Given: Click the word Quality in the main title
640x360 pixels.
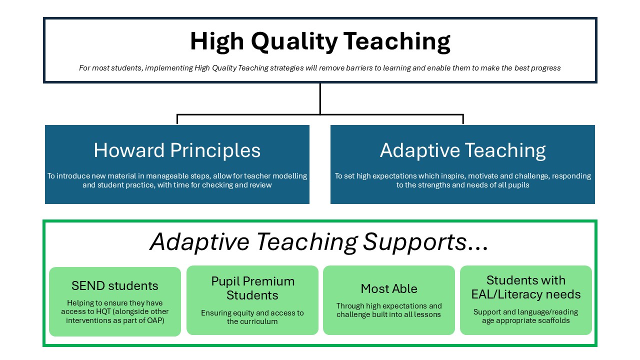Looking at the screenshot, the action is [x=294, y=42].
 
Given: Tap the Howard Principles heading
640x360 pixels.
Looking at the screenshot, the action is [x=177, y=150].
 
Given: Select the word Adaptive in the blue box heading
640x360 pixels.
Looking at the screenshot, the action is [x=419, y=151].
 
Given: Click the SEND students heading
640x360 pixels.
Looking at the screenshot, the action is [x=115, y=285].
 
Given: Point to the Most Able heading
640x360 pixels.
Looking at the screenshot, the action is [x=389, y=288].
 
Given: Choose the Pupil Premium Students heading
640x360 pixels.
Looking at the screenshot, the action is [x=252, y=288].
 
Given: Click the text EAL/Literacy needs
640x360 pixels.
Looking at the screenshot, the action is [x=525, y=294].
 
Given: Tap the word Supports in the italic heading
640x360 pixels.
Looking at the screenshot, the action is [x=414, y=242].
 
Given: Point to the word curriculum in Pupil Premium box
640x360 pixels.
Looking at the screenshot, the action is [x=260, y=321].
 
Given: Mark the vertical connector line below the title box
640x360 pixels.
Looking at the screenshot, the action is [x=320, y=99].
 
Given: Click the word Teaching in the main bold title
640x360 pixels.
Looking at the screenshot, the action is [x=396, y=42].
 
